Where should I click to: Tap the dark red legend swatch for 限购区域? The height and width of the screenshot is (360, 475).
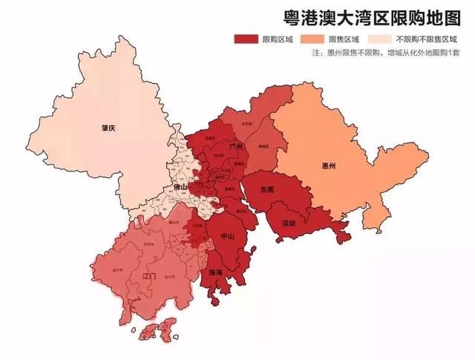[246, 39]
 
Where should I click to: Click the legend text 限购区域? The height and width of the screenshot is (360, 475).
[278, 39]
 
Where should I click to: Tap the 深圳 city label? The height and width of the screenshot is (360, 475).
[287, 222]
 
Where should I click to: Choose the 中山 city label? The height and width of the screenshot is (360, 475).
[228, 235]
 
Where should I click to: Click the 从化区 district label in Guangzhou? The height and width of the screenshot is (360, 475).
[247, 114]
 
